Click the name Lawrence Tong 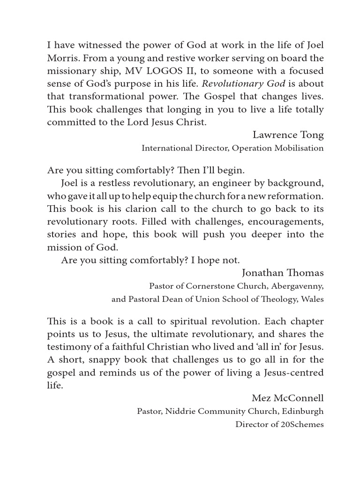point(288,135)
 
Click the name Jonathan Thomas point(283,272)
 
